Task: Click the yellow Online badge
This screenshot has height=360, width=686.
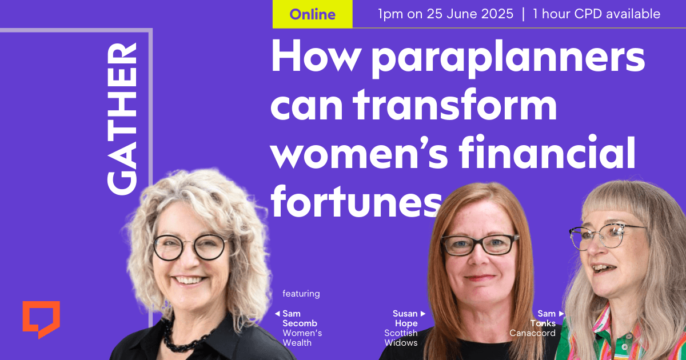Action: (312, 14)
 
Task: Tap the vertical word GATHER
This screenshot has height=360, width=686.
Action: (122, 119)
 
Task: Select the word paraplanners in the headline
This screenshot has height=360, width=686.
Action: (509, 59)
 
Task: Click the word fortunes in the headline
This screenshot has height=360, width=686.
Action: (356, 201)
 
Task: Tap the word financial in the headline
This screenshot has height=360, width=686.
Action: (547, 152)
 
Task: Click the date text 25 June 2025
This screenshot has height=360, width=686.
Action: (470, 14)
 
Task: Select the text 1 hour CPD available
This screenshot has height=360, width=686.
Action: (596, 14)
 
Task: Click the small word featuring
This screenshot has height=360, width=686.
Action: (301, 294)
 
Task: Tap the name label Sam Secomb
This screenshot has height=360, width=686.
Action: (300, 318)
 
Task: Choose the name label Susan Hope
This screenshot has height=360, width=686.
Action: (405, 318)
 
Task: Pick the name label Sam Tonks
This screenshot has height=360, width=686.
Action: (543, 318)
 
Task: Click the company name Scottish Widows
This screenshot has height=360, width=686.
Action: (401, 338)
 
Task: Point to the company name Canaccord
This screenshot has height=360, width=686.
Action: (533, 333)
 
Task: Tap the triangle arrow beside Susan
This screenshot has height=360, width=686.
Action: (423, 314)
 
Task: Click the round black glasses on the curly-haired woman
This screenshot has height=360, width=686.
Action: (190, 247)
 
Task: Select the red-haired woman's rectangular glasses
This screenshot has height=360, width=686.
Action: (480, 245)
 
